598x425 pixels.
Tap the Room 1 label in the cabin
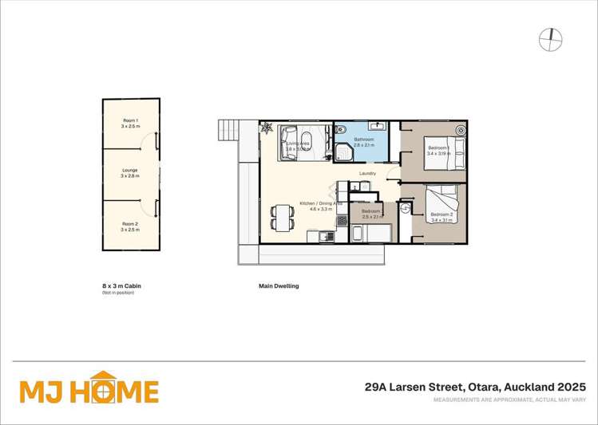click(130, 123)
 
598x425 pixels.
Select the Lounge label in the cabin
click(130, 172)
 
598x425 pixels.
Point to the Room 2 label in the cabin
click(130, 226)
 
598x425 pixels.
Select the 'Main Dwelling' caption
click(279, 285)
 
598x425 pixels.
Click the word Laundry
click(367, 173)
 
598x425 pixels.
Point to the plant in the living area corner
click(267, 128)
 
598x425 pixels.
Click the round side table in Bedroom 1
click(460, 129)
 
